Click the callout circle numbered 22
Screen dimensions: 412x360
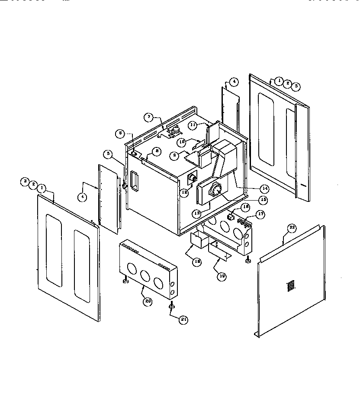[x=292, y=228]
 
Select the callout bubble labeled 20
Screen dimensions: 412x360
[x=148, y=302]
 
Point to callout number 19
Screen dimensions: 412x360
[x=221, y=277]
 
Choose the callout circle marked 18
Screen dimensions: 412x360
[x=196, y=262]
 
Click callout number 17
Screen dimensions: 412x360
[x=260, y=214]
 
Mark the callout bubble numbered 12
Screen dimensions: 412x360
[x=184, y=193]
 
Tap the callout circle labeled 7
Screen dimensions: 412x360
[x=148, y=117]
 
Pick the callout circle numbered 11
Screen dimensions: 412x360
[x=193, y=125]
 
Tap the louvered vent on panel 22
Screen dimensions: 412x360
[x=291, y=285]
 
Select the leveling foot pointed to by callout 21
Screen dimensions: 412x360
[x=171, y=306]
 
